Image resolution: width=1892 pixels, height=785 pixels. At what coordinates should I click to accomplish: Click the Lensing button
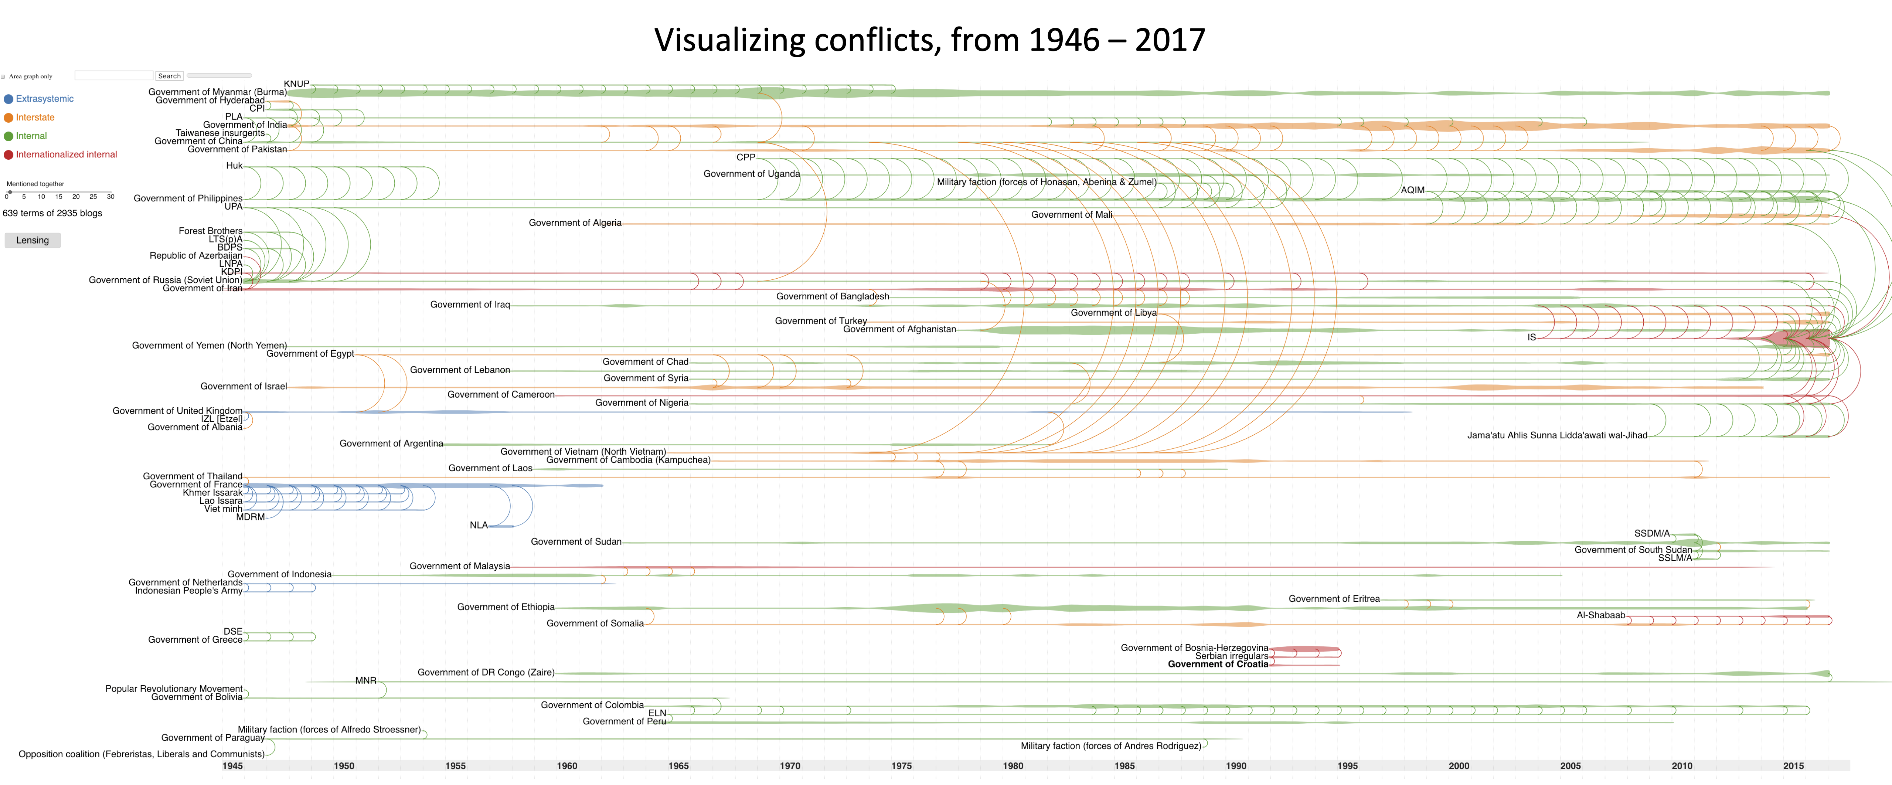32,240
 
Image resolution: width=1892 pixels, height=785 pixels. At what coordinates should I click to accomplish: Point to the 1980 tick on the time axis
1013,766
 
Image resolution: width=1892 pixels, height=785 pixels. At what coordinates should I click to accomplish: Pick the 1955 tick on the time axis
455,766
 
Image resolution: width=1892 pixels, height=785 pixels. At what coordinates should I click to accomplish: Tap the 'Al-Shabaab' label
1600,615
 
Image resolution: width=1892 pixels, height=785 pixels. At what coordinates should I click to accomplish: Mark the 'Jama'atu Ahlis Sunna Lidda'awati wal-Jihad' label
1557,435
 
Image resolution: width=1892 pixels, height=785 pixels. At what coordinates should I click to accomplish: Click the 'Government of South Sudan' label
1633,550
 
